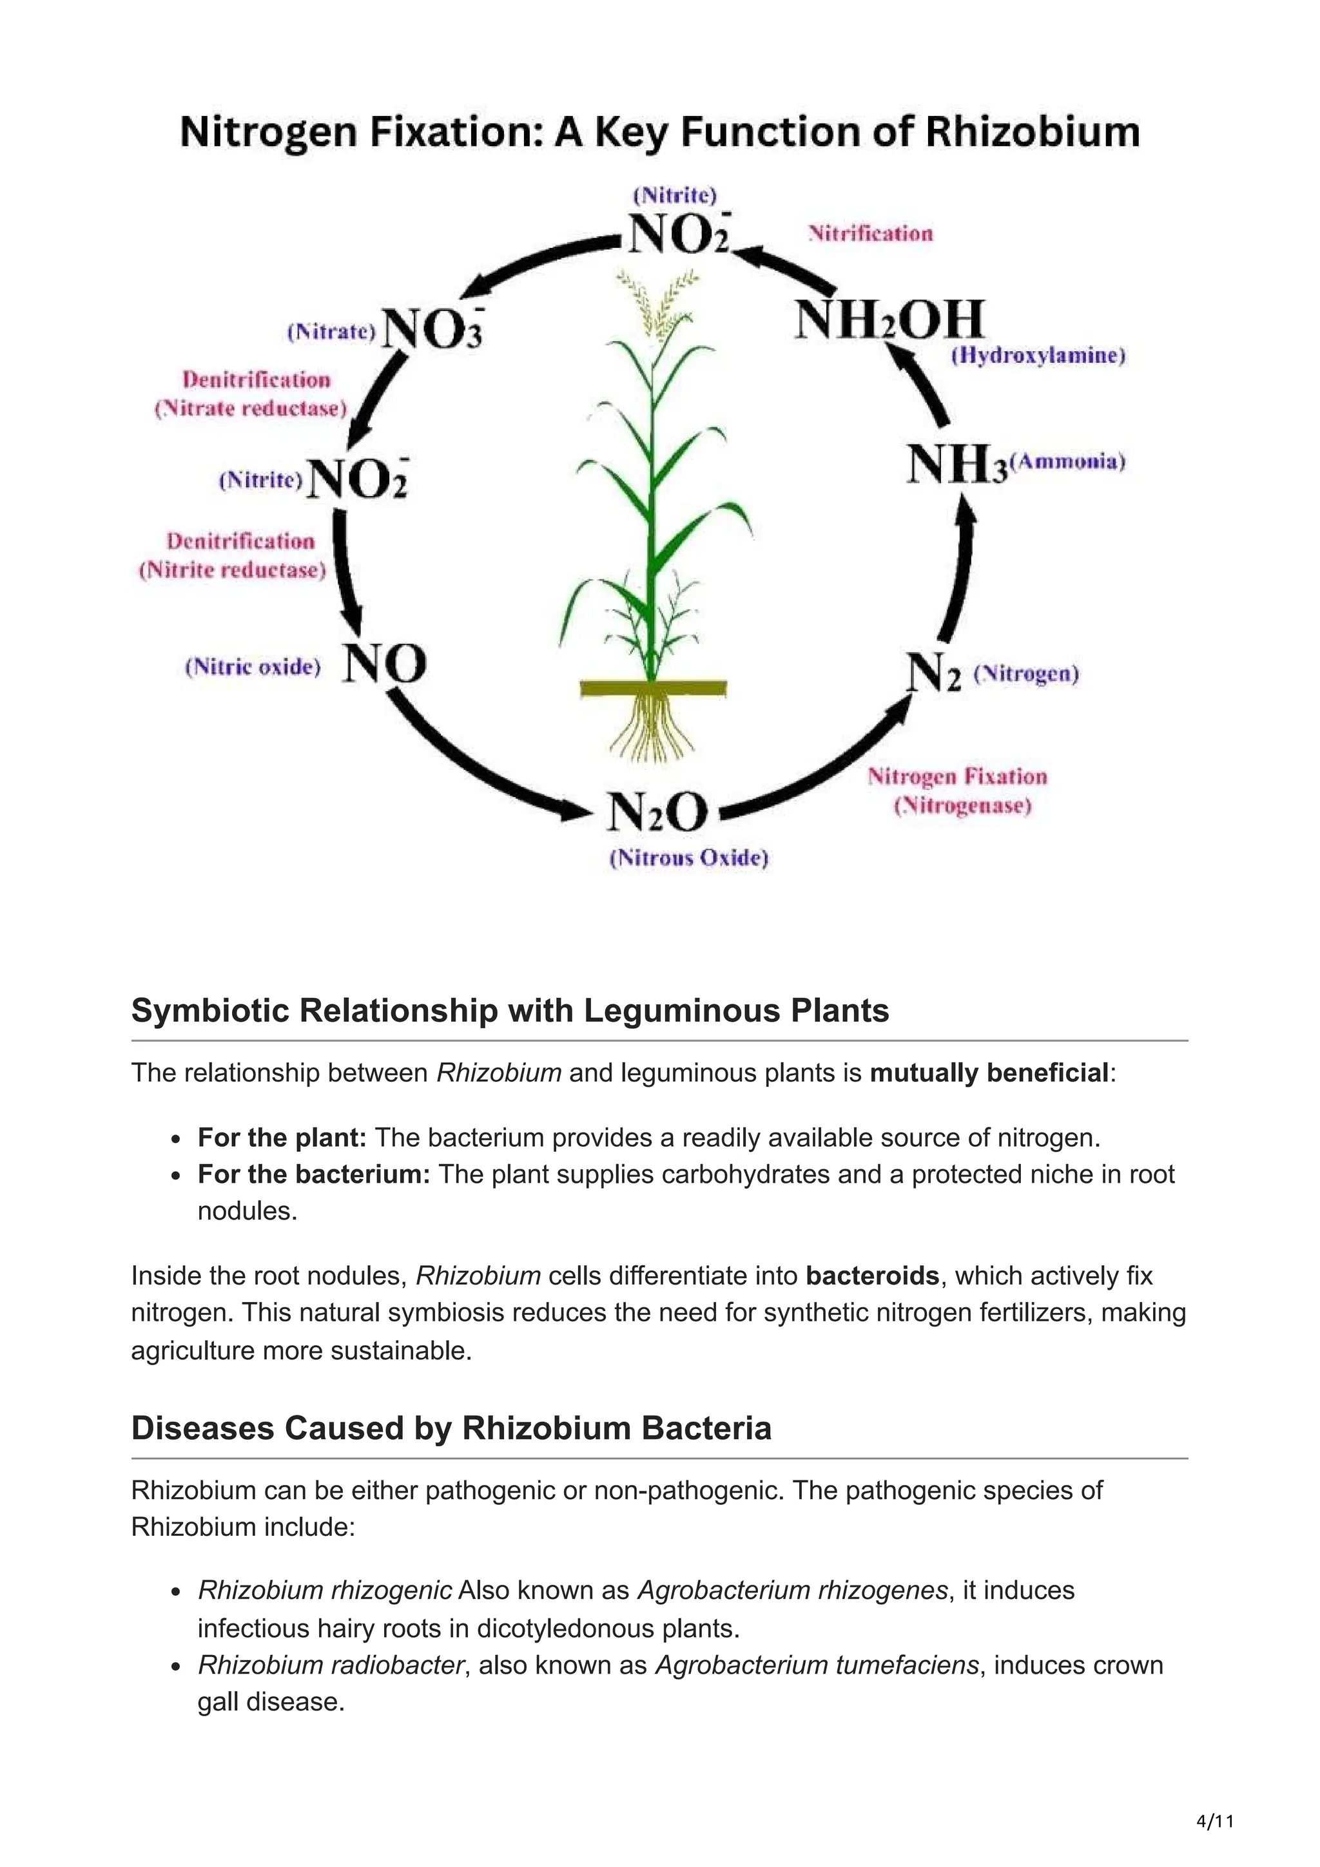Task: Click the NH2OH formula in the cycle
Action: [x=889, y=320]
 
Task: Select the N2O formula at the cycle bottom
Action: [x=658, y=812]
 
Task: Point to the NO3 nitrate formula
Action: [x=432, y=330]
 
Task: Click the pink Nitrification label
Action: [x=870, y=235]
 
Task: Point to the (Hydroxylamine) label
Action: [x=1038, y=356]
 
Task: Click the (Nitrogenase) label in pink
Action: [x=962, y=806]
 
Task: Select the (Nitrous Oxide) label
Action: [x=689, y=858]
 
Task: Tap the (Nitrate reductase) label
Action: [x=251, y=408]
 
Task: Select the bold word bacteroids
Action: [x=872, y=1276]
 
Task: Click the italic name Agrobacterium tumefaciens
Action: [x=817, y=1665]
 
